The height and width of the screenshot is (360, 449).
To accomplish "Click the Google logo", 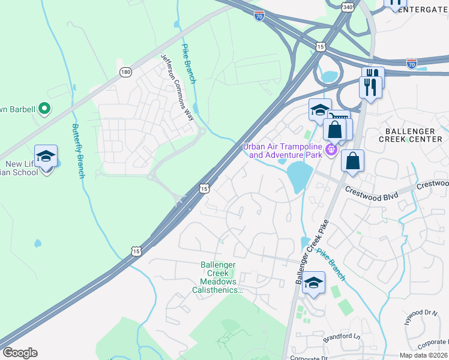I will pos(20,353).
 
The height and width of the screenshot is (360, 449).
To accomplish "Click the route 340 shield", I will pos(348,7).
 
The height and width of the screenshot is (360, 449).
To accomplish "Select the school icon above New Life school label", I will pos(46,157).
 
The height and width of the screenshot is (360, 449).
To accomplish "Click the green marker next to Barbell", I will pos(43,109).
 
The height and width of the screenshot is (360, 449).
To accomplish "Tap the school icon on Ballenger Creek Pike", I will pos(313,283).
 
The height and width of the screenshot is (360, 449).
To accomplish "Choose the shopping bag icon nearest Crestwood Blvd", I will pos(353,161).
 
